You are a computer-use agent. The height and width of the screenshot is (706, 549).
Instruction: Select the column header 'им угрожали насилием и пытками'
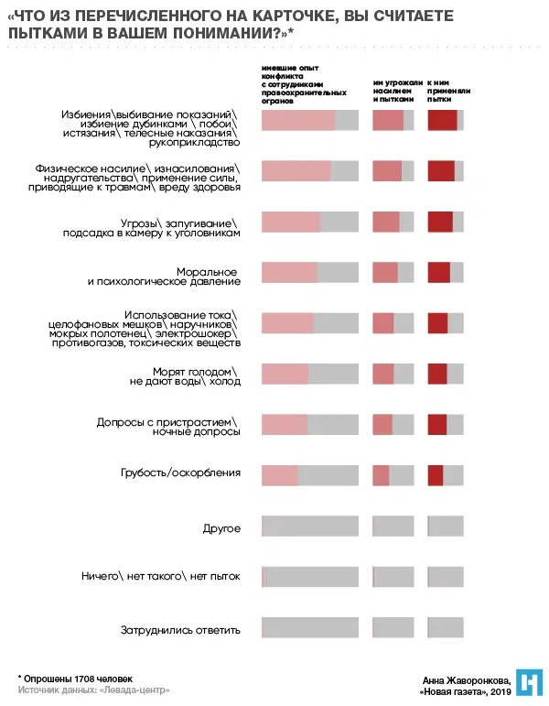coord(397,90)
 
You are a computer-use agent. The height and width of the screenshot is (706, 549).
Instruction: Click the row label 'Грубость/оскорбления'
coord(180,473)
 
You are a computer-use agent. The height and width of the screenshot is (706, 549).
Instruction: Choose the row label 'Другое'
coord(221,528)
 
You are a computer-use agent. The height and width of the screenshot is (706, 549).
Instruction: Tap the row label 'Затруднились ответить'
coord(180,630)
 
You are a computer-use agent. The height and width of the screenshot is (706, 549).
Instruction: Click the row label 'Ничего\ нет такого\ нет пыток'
coord(160,577)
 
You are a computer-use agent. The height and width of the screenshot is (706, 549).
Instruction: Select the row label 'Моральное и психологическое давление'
coord(164,277)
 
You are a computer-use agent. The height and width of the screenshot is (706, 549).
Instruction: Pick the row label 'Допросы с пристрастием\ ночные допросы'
coord(169,427)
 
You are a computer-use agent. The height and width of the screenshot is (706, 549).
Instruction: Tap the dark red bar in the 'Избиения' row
coord(442,120)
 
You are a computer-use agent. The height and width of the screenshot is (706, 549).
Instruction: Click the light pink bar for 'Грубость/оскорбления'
coord(280,475)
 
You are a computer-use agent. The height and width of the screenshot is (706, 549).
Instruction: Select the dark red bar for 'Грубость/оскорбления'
coord(436,475)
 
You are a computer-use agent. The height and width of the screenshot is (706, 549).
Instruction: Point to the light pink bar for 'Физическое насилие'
coord(296,171)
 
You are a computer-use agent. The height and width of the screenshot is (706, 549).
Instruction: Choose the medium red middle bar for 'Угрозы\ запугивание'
coord(386,223)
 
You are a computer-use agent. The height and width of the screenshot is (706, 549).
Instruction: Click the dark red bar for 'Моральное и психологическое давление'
coord(439,273)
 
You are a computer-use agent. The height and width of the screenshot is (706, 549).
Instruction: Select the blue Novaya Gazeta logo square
coord(530,682)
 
